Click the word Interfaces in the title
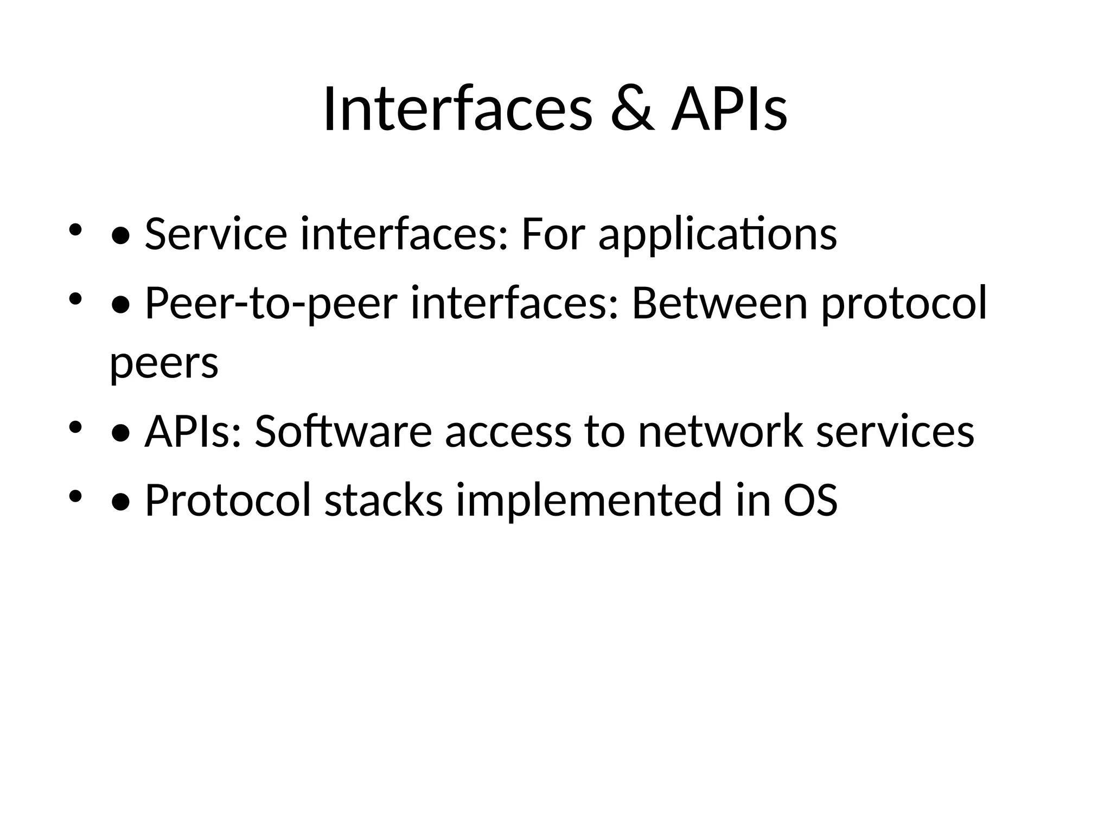(457, 111)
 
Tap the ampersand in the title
(632, 111)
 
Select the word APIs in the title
(729, 111)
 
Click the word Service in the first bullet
(215, 234)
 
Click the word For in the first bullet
(553, 234)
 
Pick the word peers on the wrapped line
(164, 363)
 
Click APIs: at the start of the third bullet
(193, 432)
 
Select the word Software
(343, 432)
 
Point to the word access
(508, 433)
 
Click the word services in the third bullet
(895, 433)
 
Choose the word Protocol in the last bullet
(228, 500)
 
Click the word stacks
(384, 500)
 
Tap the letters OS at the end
(810, 500)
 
